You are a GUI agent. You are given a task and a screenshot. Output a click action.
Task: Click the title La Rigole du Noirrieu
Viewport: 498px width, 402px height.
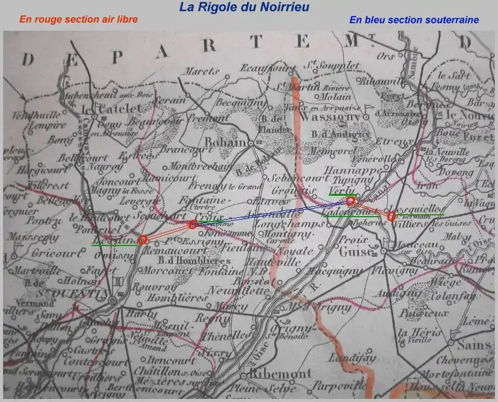pyautogui.click(x=244, y=7)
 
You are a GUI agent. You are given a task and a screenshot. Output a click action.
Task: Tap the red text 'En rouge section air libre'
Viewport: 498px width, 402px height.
pyautogui.click(x=78, y=19)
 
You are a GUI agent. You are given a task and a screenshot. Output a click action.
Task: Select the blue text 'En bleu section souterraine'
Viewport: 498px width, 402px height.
pyautogui.click(x=414, y=20)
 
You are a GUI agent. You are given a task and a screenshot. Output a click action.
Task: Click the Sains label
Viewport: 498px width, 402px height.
pyautogui.click(x=478, y=346)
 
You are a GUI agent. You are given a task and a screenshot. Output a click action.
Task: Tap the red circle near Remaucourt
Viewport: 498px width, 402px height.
pyautogui.click(x=143, y=240)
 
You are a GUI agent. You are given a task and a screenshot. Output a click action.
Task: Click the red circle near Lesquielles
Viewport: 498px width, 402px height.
pyautogui.click(x=391, y=216)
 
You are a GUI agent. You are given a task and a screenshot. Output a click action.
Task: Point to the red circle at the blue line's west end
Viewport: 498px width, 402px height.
pyautogui.click(x=193, y=225)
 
